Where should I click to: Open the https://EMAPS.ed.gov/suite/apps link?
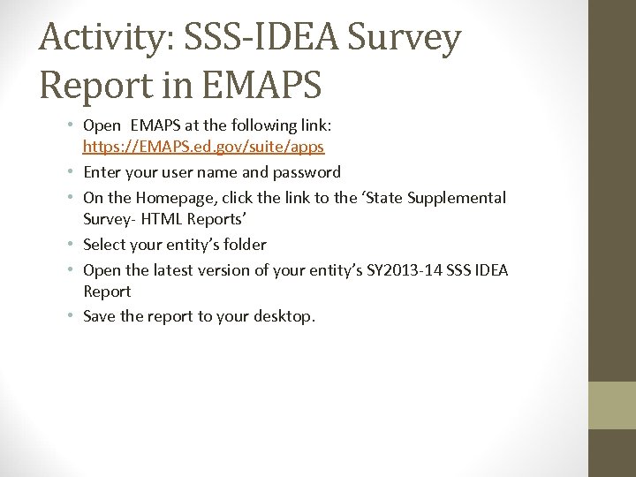point(203,147)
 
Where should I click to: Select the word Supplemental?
point(457,198)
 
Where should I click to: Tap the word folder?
point(244,245)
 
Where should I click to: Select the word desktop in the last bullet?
point(282,316)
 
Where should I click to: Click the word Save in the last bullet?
point(99,316)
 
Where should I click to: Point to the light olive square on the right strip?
point(612,405)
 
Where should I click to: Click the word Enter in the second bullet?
point(102,172)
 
